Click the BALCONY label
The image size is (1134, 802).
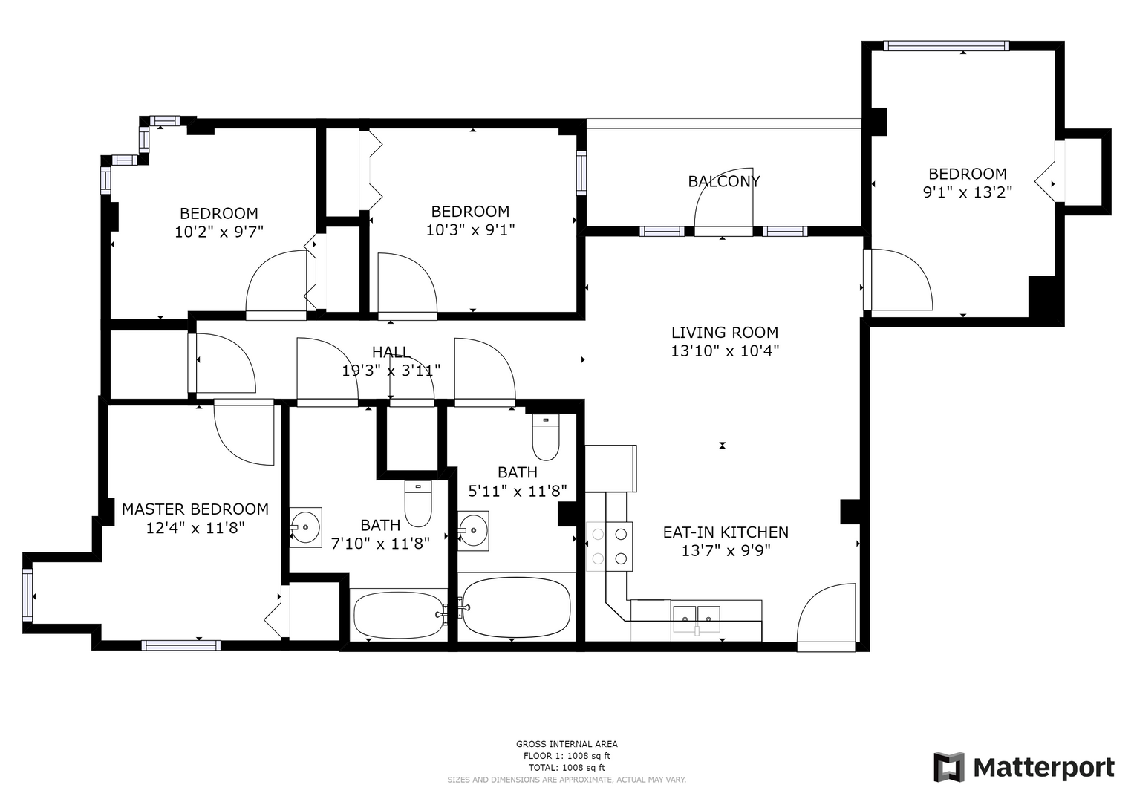click(x=723, y=181)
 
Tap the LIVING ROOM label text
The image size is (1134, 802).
click(x=725, y=333)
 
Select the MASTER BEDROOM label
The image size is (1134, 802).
click(x=195, y=509)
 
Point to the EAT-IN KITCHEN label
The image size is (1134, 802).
click(x=726, y=532)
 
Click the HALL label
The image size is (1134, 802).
click(x=391, y=352)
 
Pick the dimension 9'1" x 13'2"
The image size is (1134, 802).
click(x=968, y=192)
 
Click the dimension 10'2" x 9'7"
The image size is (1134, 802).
click(x=218, y=232)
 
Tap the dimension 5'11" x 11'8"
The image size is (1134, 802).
click(x=517, y=491)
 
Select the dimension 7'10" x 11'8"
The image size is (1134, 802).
click(x=380, y=544)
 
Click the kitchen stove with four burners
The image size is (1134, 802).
click(x=610, y=547)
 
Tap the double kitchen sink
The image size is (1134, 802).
click(x=696, y=619)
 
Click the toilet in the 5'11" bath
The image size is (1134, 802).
click(x=546, y=437)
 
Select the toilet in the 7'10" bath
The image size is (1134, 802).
click(x=418, y=503)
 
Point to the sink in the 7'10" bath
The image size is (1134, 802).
click(x=305, y=527)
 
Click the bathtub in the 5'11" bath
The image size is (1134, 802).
click(x=517, y=607)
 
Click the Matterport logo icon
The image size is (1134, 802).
click(x=949, y=767)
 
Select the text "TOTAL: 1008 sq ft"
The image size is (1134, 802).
click(x=567, y=768)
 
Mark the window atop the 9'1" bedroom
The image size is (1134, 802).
click(x=946, y=46)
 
